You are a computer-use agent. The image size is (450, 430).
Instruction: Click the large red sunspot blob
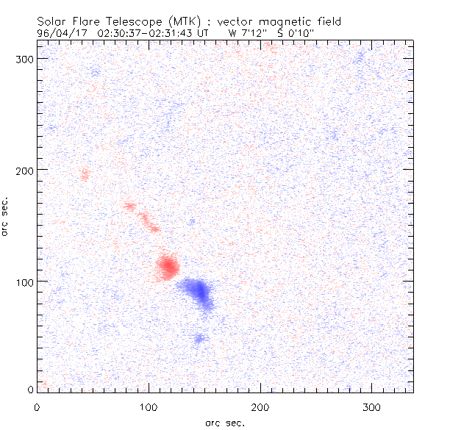pyautogui.click(x=168, y=266)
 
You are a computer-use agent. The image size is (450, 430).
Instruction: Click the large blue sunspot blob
pyautogui.click(x=198, y=292)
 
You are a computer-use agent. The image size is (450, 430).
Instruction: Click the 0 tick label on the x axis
pyautogui.click(x=37, y=406)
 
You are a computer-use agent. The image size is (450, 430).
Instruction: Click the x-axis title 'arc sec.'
pyautogui.click(x=224, y=422)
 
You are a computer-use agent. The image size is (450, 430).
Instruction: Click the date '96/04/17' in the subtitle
pyautogui.click(x=62, y=33)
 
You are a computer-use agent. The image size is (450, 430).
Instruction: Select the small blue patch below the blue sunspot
pyautogui.click(x=199, y=339)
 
